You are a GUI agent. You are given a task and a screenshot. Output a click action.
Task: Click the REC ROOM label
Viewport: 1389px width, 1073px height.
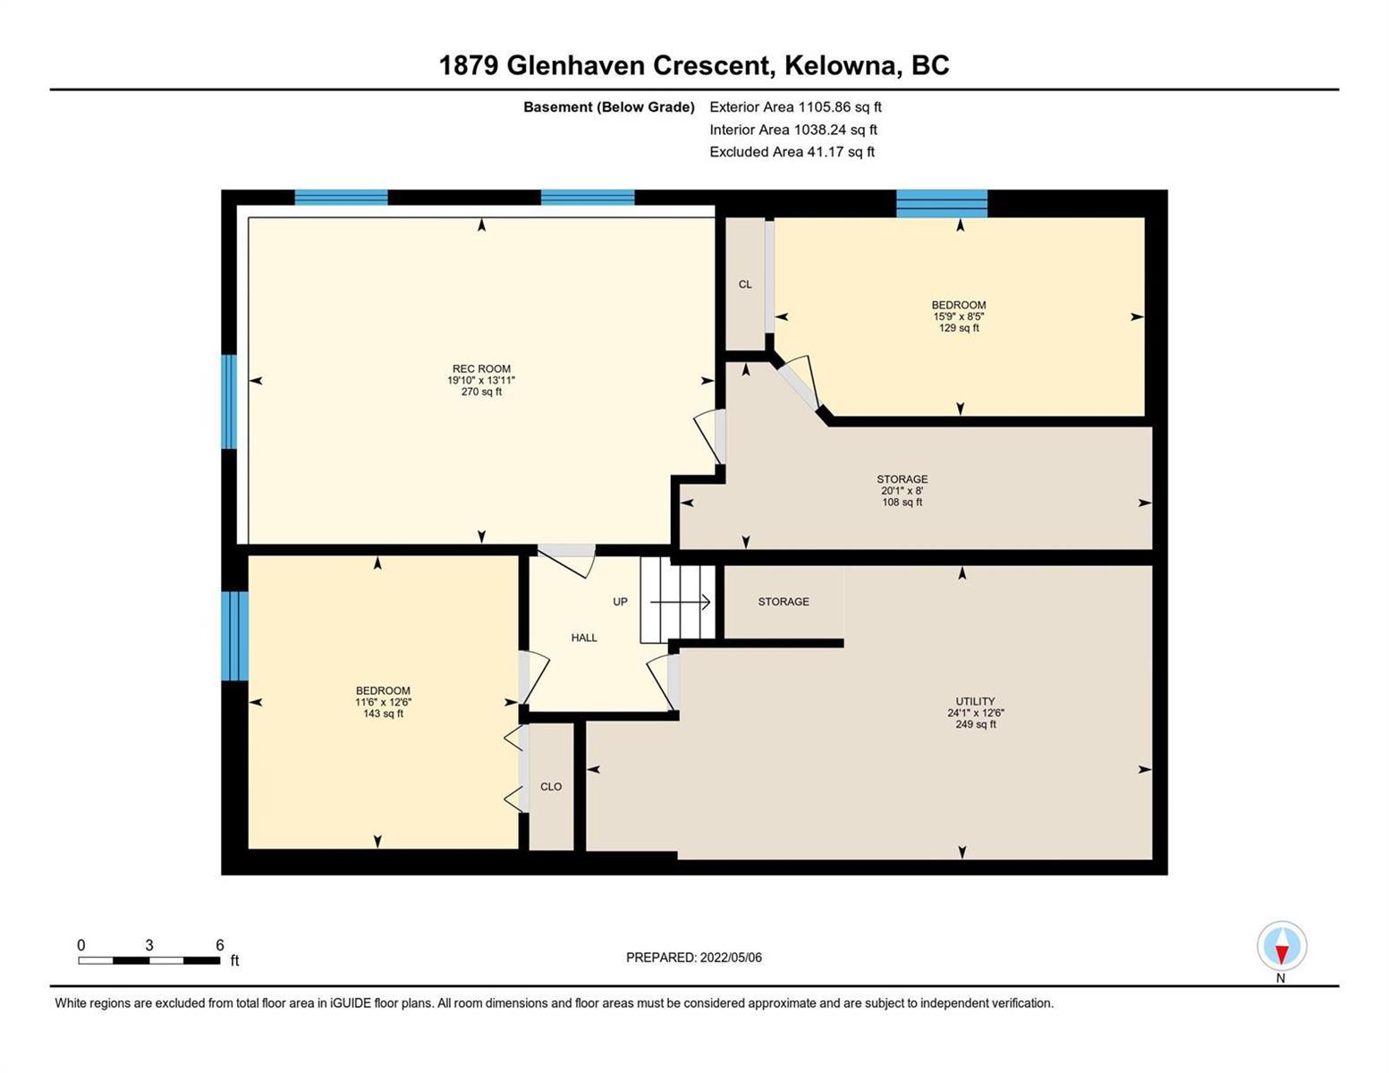481,368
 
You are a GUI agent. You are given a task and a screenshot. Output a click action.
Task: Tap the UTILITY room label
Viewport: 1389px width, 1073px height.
975,701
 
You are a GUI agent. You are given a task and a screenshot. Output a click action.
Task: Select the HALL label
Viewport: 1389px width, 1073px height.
584,638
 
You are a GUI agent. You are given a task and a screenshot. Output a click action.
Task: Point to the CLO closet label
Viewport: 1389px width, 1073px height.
551,787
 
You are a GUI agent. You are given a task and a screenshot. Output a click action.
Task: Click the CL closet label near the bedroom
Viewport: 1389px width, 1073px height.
745,284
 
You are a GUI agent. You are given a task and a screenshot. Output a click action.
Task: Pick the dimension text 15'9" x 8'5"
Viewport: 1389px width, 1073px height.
958,317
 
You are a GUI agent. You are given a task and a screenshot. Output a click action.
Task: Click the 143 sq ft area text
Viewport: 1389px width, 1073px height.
383,714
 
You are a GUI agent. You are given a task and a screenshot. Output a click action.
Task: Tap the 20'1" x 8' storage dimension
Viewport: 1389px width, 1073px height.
902,491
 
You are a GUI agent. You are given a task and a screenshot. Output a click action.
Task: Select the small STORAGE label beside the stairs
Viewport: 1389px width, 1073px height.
783,602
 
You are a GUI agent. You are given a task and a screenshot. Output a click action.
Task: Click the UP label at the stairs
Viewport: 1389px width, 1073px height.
620,602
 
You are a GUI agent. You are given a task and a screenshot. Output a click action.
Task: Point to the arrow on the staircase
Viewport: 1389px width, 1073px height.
680,602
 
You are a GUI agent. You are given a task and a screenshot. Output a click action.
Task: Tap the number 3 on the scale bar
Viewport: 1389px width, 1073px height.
149,945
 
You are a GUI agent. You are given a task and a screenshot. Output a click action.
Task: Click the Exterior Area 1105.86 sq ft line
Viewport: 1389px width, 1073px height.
795,106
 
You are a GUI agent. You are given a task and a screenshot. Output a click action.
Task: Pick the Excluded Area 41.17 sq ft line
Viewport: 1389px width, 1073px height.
792,151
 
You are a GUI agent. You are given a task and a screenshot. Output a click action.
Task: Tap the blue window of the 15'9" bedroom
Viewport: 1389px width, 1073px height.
942,203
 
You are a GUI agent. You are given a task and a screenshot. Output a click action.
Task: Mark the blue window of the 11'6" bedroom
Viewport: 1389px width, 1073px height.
234,636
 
